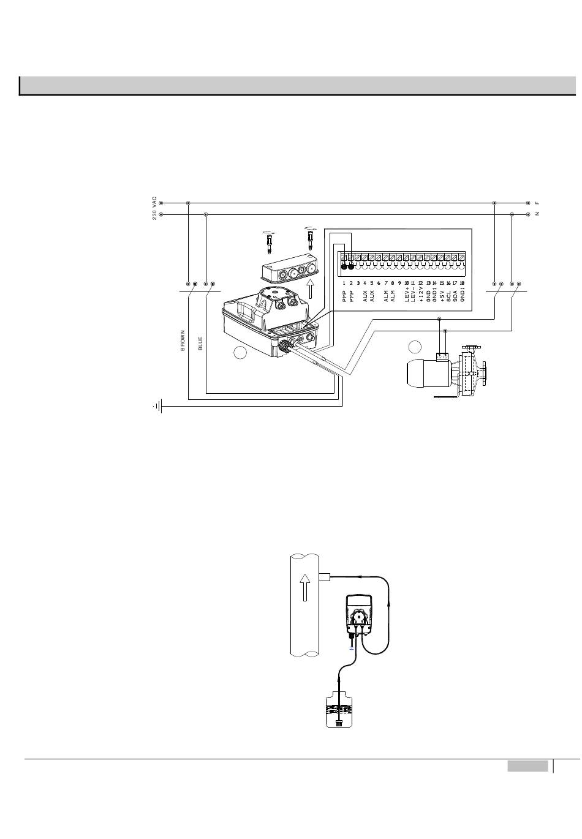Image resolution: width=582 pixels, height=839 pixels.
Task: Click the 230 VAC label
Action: (x=155, y=209)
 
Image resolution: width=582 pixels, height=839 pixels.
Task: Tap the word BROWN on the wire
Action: (x=183, y=340)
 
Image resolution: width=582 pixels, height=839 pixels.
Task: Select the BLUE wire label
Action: (x=200, y=343)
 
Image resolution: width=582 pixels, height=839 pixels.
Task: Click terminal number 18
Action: (x=462, y=284)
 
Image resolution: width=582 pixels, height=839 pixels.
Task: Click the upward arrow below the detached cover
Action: (x=311, y=289)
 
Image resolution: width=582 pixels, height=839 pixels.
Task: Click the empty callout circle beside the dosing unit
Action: (x=241, y=352)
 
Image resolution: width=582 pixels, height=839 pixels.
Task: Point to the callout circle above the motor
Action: (x=415, y=347)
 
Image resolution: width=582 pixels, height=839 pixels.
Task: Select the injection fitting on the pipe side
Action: (x=325, y=576)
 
